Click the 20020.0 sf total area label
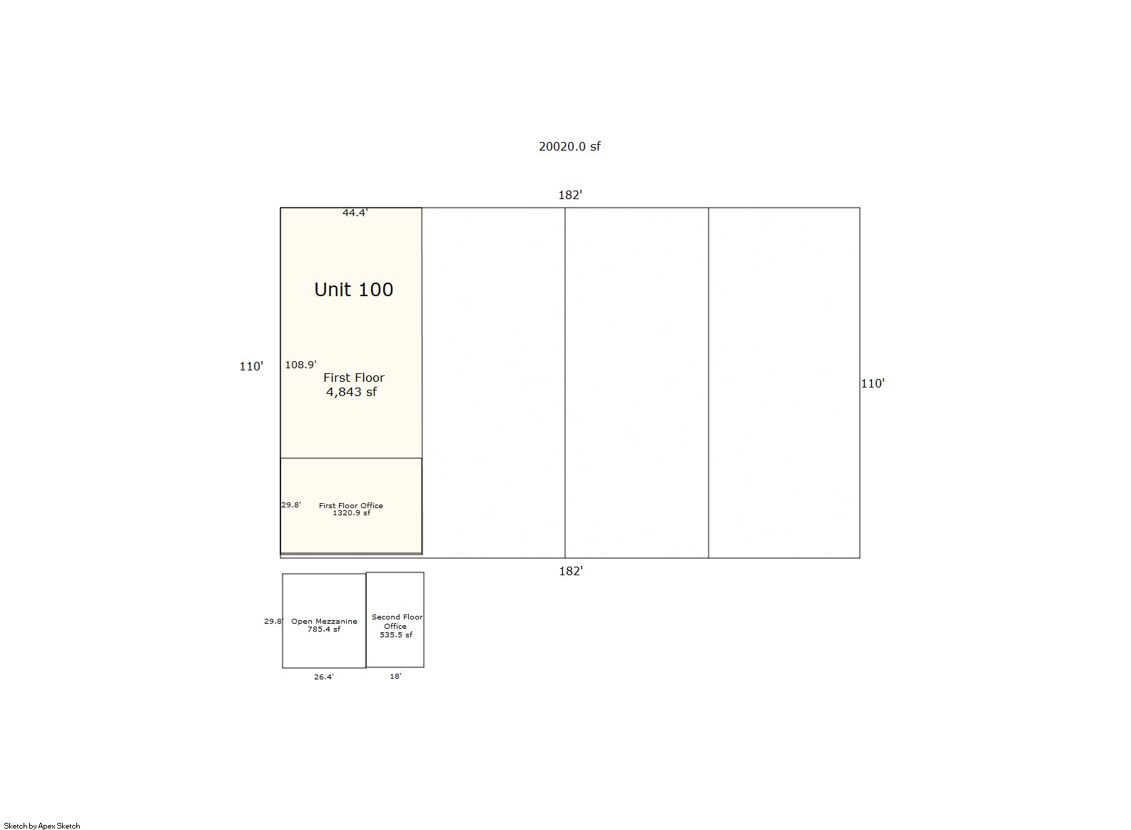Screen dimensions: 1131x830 [x=569, y=146]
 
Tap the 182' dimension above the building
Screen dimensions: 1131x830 [x=570, y=195]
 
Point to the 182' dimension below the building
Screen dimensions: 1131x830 [x=571, y=571]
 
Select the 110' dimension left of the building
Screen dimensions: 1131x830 [x=251, y=366]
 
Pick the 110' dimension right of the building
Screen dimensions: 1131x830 [x=873, y=383]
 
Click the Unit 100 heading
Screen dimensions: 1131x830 [x=353, y=289]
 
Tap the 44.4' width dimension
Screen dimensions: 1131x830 [x=355, y=213]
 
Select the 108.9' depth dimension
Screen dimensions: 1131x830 [x=301, y=365]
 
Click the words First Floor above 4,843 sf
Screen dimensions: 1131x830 [x=354, y=377]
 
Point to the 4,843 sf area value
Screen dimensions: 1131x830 [x=351, y=392]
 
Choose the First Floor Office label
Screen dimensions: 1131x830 [x=351, y=505]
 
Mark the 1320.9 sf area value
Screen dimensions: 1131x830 [x=351, y=513]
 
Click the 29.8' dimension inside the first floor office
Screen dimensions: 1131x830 [x=291, y=505]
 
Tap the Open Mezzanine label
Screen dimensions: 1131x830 [x=324, y=622]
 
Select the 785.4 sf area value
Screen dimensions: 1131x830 [x=324, y=629]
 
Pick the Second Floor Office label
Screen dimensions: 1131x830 [x=396, y=622]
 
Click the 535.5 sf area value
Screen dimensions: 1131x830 [x=396, y=634]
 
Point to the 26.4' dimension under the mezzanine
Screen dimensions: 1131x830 [x=324, y=677]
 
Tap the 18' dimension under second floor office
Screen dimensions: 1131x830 [x=395, y=676]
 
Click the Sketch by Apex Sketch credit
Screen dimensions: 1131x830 [x=42, y=826]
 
